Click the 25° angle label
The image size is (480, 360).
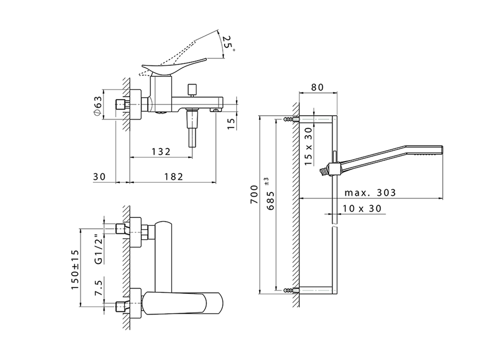tap(228, 44)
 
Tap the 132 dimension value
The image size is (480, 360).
tap(161, 151)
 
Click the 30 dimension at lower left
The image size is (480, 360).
tap(99, 177)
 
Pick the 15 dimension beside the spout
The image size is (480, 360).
tap(231, 123)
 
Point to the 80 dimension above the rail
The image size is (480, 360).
tap(317, 87)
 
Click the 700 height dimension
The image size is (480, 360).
tap(255, 194)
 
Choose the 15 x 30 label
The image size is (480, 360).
tap(308, 146)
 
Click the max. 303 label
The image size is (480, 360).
tap(370, 193)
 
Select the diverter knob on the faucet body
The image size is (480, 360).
tap(193, 90)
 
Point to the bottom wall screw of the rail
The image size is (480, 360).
tap(289, 289)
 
